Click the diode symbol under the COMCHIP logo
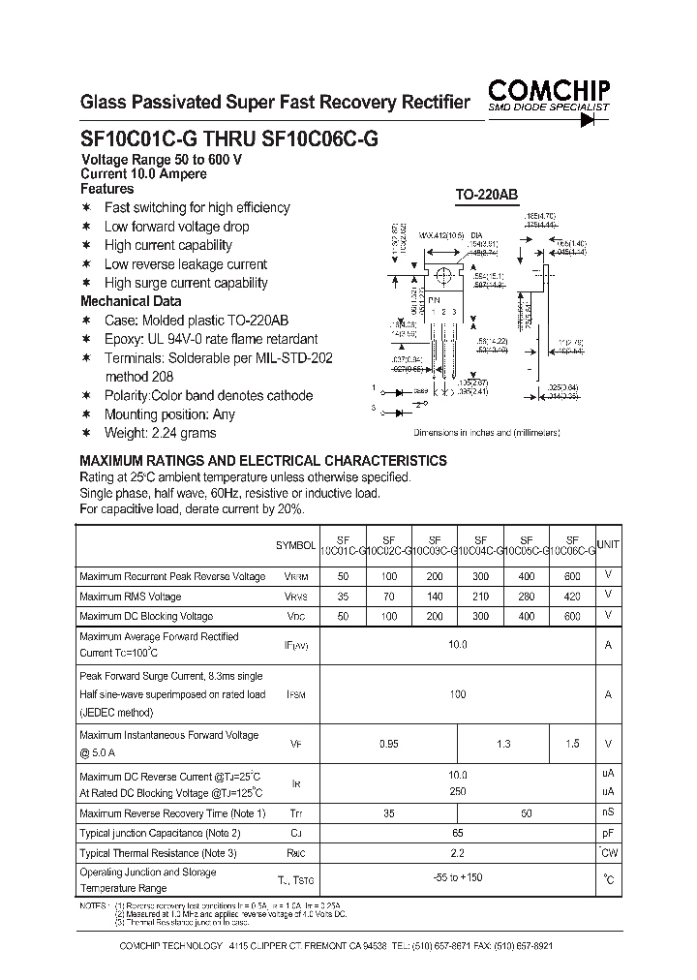pos(587,120)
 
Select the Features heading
pos(106,189)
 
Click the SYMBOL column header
pos(295,546)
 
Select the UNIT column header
pos(608,545)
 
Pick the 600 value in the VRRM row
pos(572,576)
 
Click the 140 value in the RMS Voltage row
pos(435,597)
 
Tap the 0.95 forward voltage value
pos(388,743)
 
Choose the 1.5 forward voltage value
pos(572,743)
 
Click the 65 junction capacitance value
pos(458,833)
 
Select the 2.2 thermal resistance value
pos(458,853)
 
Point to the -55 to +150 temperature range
pos(458,878)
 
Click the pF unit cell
pos(608,833)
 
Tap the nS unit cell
pos(608,813)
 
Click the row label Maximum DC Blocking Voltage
pos(145,616)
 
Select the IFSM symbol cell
pos(295,694)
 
